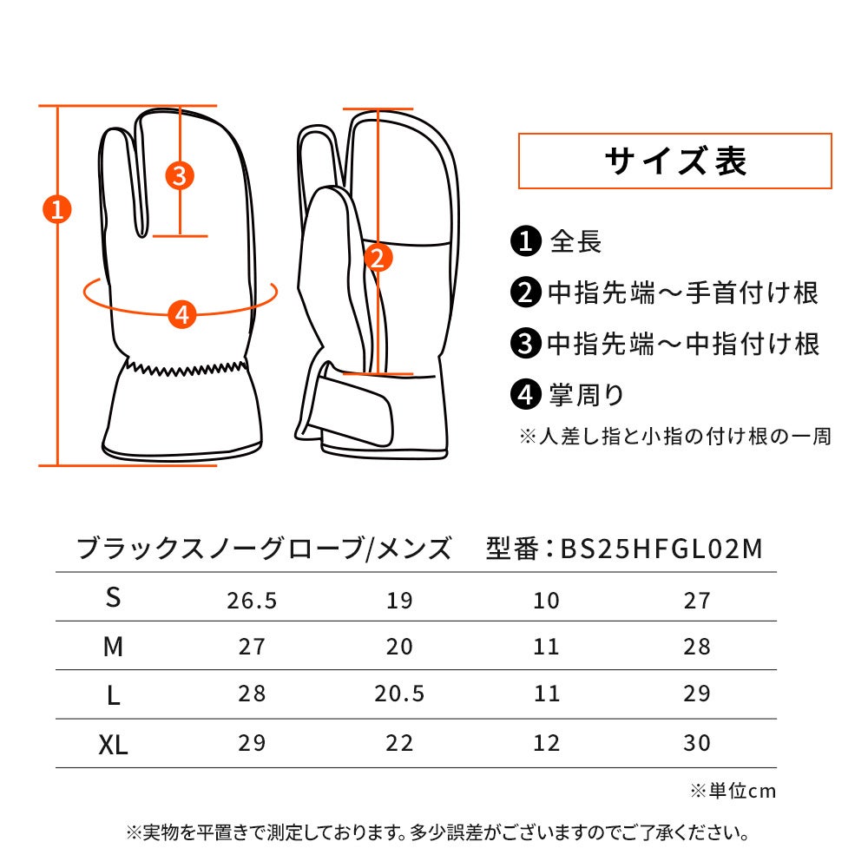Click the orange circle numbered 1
[x=57, y=209]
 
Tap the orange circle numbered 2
[x=378, y=258]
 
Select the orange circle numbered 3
[x=180, y=176]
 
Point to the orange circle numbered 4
[x=182, y=314]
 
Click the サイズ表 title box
[x=674, y=161]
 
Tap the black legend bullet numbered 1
[x=525, y=240]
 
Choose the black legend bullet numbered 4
[x=525, y=394]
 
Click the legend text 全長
[x=575, y=241]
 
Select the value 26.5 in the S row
[x=252, y=600]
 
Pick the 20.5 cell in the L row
[x=399, y=693]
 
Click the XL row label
[x=113, y=744]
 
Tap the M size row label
[x=113, y=646]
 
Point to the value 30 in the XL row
[x=697, y=743]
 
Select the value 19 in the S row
[x=399, y=600]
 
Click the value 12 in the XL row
[x=546, y=743]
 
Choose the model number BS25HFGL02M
[x=661, y=549]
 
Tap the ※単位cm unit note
[x=733, y=791]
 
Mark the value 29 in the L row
[x=697, y=693]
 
